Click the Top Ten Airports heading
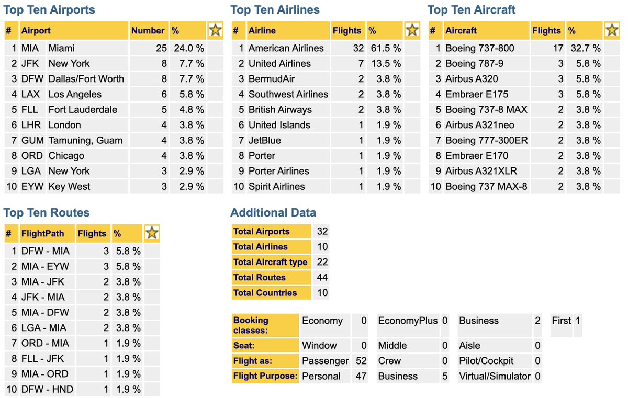(x=49, y=10)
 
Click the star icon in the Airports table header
(x=215, y=30)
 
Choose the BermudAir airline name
(x=272, y=79)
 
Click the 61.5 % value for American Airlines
(x=385, y=48)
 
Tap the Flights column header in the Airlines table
(x=347, y=31)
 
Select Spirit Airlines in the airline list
(x=276, y=186)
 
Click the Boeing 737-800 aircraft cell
(x=479, y=48)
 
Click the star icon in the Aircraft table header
(x=611, y=30)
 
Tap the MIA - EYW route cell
(x=45, y=266)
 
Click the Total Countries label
(x=265, y=293)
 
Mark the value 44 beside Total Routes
(x=322, y=277)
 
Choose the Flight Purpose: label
(x=265, y=376)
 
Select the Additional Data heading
(x=273, y=213)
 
